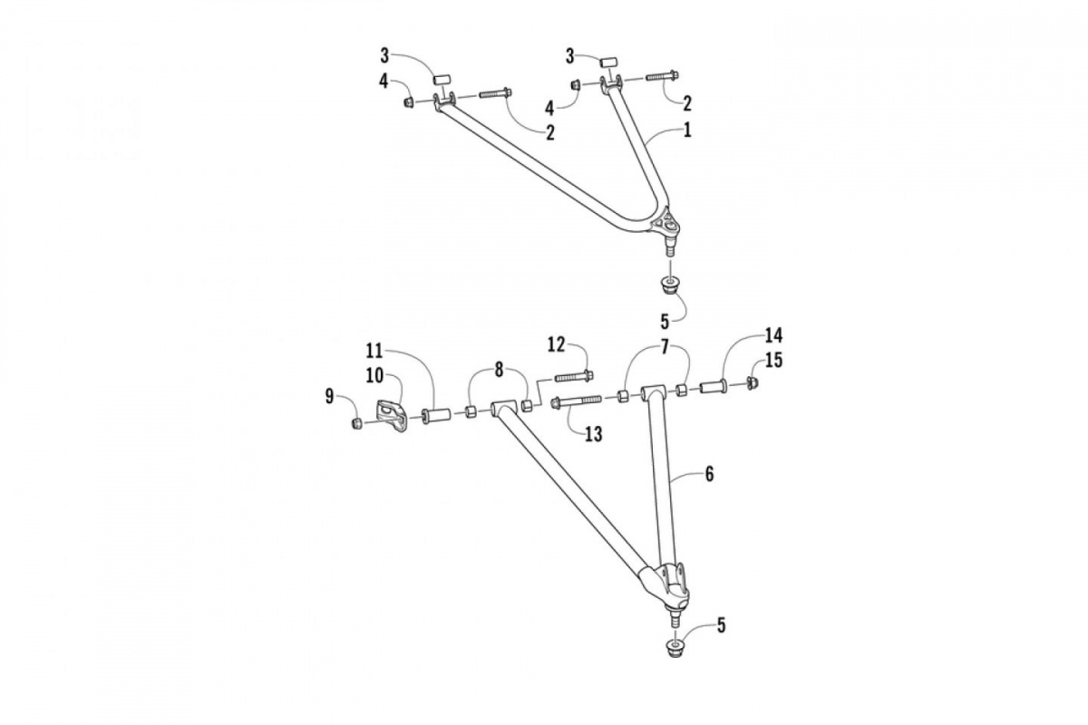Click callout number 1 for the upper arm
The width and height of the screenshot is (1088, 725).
pyautogui.click(x=687, y=130)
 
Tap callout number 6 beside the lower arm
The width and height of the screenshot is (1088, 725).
pyautogui.click(x=709, y=473)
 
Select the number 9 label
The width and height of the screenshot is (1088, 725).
pyautogui.click(x=329, y=395)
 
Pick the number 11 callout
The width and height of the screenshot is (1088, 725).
pyautogui.click(x=374, y=350)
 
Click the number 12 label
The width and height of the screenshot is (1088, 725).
pyautogui.click(x=556, y=344)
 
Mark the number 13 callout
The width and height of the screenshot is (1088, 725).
pyautogui.click(x=593, y=434)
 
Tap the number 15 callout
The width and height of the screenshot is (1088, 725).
pyautogui.click(x=772, y=361)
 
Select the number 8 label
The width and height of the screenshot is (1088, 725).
pyautogui.click(x=497, y=369)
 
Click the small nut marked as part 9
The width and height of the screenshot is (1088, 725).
pyautogui.click(x=357, y=423)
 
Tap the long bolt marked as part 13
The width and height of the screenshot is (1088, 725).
pyautogui.click(x=575, y=401)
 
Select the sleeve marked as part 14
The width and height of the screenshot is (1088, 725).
pyautogui.click(x=712, y=388)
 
